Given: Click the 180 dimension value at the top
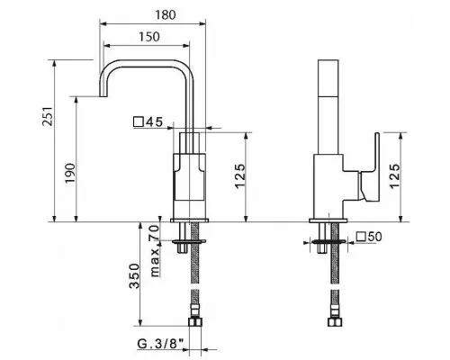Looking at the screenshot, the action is (166, 14).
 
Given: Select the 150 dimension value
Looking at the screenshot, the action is (149, 37).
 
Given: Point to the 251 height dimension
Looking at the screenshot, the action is (48, 116).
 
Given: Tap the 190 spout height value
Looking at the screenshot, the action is (70, 173).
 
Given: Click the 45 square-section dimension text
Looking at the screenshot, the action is (154, 122).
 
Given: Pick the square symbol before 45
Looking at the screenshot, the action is (139, 122).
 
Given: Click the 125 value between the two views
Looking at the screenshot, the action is (240, 176).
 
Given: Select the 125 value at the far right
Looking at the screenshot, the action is (395, 176).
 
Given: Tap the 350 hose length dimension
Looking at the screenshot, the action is (134, 276).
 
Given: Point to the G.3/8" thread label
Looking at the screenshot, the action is (160, 344).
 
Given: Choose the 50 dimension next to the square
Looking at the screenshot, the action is (374, 237).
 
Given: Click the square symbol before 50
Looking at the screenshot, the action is (362, 237).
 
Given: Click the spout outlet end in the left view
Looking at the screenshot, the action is (103, 96).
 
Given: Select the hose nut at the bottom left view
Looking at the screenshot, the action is (195, 322).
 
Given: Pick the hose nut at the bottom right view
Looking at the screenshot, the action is (335, 322).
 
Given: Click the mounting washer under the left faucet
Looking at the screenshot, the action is (189, 241).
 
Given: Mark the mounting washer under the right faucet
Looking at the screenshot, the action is (328, 241).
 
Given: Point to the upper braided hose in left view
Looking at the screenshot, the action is (195, 253).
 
